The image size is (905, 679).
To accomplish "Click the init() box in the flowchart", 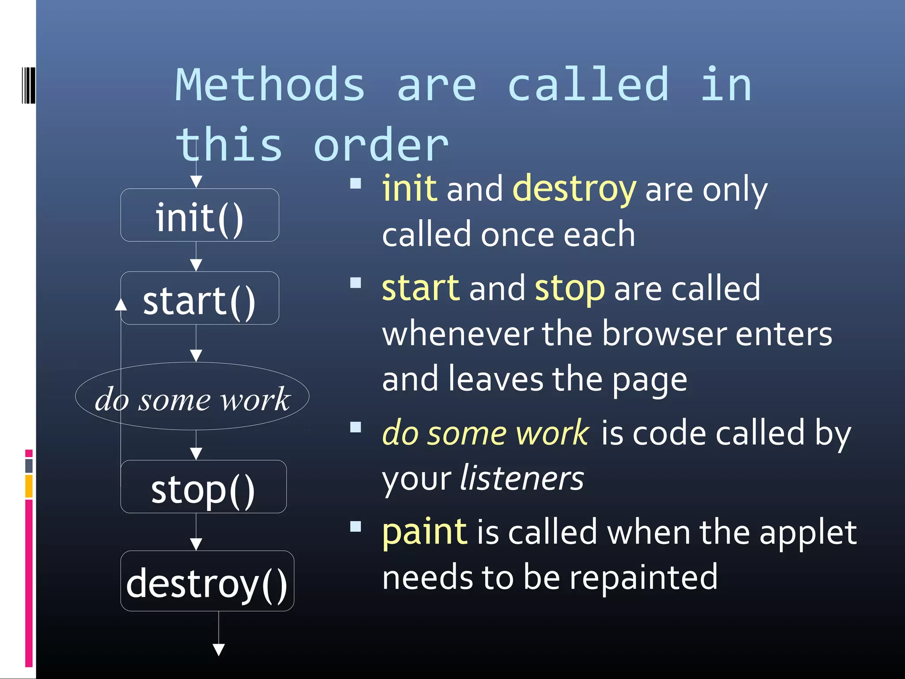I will pos(199,215).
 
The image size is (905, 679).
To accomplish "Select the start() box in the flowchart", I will pos(199,298).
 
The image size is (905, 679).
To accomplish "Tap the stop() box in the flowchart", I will pos(203,487).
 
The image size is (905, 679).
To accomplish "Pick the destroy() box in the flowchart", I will pos(207,581).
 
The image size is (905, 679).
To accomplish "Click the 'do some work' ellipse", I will pos(192,397).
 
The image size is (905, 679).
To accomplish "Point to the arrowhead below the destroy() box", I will pos(219,649).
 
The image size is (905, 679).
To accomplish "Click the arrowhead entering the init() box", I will pos(196,181).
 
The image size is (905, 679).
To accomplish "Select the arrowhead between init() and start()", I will pos(196,264).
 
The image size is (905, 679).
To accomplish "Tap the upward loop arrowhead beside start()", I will pos(121,305).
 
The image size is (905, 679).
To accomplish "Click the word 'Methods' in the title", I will pos(270,84).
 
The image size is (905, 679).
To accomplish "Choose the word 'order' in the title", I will pos(381,145).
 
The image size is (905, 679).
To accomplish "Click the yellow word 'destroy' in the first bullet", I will pos(574,189).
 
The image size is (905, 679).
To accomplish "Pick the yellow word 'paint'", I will pos(424,532).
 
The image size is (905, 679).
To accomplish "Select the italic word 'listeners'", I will pos(522,478).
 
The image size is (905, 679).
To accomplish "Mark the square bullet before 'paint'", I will pos(356,526).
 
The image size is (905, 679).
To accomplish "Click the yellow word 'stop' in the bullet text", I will pos(569,289).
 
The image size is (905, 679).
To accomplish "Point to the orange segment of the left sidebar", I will pos(29,486).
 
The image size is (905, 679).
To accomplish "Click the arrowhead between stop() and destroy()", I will pos(196,544).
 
